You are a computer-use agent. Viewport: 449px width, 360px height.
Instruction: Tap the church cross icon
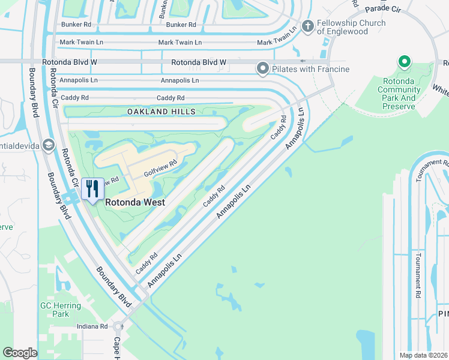[x=308, y=26]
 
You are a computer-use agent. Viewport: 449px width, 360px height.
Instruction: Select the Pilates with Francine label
[x=310, y=70]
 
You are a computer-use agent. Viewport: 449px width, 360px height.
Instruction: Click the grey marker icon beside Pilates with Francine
[x=262, y=70]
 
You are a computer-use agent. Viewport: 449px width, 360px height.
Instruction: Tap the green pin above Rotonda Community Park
[x=405, y=62]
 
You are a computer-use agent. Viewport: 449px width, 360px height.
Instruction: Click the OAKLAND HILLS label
[x=161, y=112]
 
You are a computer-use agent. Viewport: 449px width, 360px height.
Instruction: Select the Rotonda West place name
[x=135, y=202]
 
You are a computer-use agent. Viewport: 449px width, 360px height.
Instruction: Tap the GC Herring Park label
[x=61, y=310]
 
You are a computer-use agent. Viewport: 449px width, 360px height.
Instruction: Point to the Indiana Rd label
[x=92, y=326]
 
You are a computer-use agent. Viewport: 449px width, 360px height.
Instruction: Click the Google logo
[x=20, y=353]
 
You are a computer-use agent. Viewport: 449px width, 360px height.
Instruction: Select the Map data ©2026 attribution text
[x=423, y=355]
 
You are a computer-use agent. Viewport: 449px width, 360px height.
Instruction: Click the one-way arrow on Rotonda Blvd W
[x=302, y=61]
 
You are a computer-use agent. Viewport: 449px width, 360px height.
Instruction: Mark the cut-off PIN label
[x=443, y=314]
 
